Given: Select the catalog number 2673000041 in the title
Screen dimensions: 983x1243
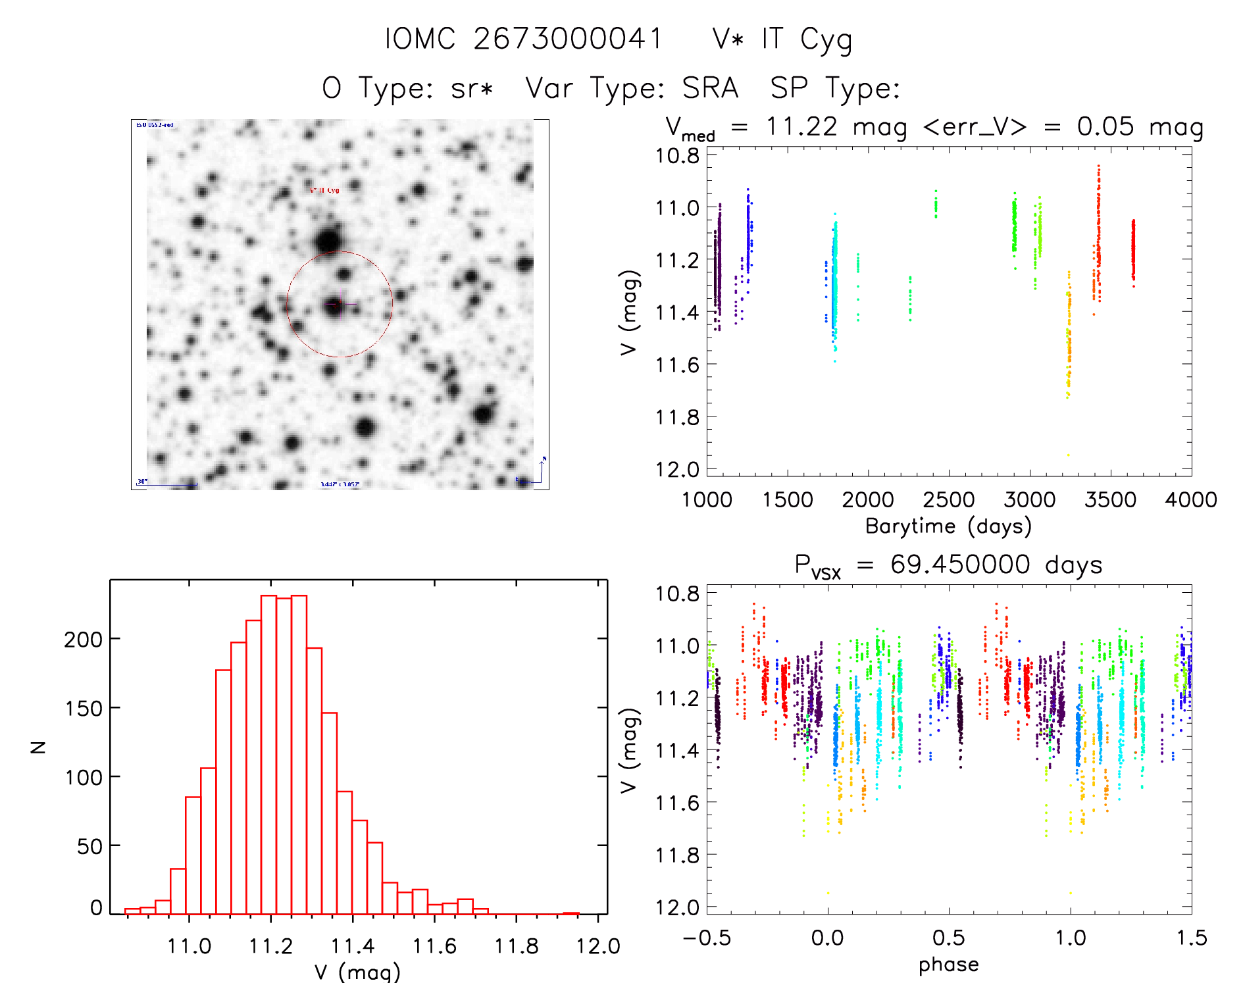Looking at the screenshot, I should click(x=568, y=39).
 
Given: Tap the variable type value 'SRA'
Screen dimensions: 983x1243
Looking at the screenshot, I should click(x=710, y=88).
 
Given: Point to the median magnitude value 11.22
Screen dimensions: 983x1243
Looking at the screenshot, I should click(x=801, y=126).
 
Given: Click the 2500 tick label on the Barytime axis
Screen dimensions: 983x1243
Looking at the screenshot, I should click(x=949, y=500).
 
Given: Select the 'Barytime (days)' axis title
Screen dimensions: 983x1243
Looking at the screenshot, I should click(x=948, y=526).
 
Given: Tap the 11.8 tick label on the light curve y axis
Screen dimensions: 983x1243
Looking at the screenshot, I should click(x=677, y=417).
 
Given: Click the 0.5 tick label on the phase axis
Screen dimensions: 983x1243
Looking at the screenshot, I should click(x=949, y=938).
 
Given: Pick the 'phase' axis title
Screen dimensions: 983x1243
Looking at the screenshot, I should click(x=948, y=965).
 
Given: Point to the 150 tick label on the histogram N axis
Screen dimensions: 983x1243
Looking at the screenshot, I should click(x=84, y=709).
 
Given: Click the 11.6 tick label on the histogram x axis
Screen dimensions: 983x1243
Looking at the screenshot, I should click(x=434, y=946).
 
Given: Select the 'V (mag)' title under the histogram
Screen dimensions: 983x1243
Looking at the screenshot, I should click(x=357, y=972).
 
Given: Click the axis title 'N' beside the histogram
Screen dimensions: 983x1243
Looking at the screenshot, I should click(x=39, y=747).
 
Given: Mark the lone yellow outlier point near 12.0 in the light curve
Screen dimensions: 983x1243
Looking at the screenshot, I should click(x=1068, y=455).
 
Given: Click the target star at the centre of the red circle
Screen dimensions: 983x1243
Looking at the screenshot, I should click(x=334, y=305).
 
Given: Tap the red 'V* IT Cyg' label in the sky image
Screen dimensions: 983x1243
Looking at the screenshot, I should click(x=324, y=190).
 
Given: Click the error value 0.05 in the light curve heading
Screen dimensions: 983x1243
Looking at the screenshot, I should click(x=1105, y=126).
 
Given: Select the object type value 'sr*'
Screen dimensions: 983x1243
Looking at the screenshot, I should click(x=472, y=88).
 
